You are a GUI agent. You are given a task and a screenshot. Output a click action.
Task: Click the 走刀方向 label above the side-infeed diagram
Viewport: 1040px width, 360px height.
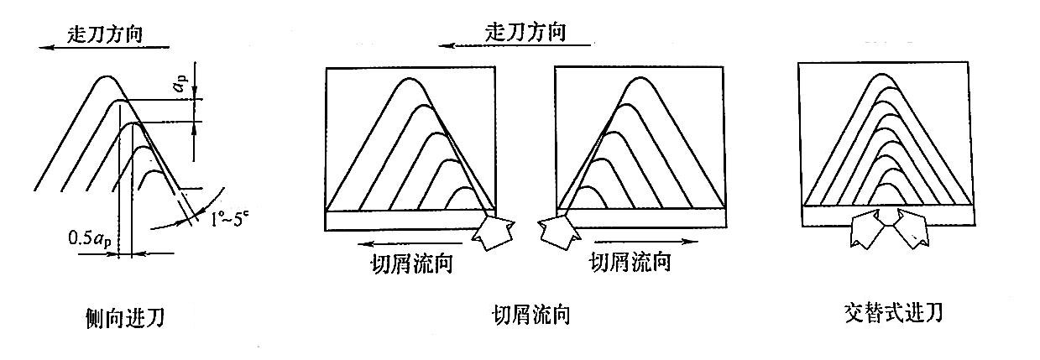108,34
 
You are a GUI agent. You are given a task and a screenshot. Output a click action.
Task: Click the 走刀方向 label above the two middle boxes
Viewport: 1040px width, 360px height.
525,33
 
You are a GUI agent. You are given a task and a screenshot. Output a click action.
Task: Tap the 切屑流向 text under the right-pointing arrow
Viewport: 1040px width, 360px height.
630,263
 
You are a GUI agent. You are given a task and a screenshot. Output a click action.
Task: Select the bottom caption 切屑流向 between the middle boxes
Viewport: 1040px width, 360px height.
531,316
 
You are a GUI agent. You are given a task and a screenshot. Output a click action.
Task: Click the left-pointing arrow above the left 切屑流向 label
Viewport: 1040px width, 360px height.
394,243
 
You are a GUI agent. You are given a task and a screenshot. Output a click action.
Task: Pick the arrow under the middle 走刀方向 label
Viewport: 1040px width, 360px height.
511,46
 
